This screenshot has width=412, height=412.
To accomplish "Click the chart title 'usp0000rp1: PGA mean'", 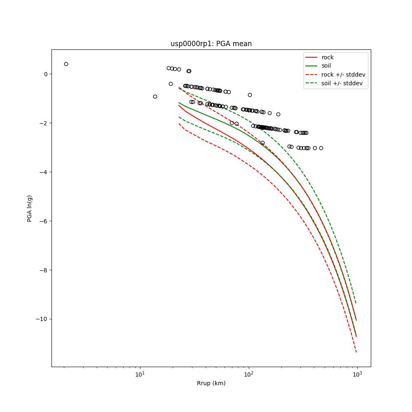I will point(211,44).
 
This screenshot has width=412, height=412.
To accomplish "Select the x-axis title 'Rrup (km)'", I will point(211,383).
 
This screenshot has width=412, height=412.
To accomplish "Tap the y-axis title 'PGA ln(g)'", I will point(30,208).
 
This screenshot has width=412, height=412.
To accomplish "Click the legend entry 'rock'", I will point(328,57).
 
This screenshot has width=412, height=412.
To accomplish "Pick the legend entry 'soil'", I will point(326,66).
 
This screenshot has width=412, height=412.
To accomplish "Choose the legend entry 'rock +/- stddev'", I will point(343,75).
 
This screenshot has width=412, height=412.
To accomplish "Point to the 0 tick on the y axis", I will point(46,74).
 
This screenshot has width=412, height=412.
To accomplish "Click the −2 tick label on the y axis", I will point(44,123).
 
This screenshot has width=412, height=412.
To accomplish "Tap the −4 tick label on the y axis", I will point(44,172).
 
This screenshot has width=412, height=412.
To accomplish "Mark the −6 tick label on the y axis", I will point(44,221).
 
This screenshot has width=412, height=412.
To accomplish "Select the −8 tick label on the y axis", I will point(44,270).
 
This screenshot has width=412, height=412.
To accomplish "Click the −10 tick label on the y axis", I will point(42,319).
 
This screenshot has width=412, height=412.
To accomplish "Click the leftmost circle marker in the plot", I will point(66,64).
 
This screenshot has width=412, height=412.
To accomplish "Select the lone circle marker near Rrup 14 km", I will point(155,96).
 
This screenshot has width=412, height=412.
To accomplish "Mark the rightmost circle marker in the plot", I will point(321,148).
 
